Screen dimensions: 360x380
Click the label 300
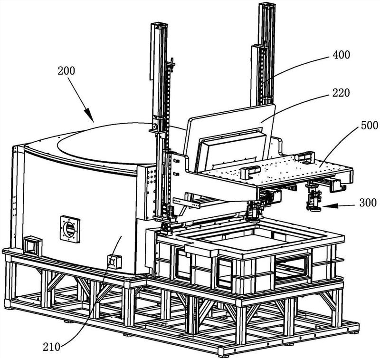coord(367,203)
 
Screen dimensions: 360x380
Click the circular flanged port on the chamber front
coord(70,228)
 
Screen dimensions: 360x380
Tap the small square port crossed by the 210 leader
coord(114,261)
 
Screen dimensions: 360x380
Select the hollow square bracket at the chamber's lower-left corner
coord(33,244)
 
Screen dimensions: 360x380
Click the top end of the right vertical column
coord(265,6)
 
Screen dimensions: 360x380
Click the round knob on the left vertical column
coord(154,127)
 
